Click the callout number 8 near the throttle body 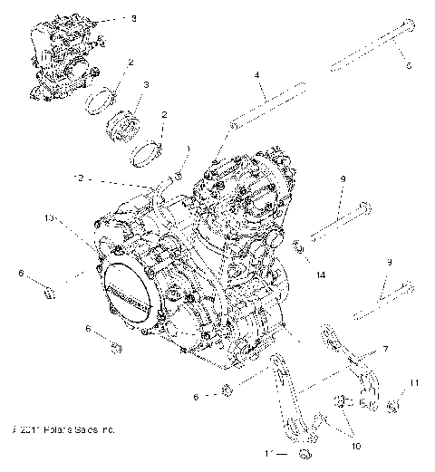pyautogui.click(x=135, y=18)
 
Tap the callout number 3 pyautogui.click(x=147, y=86)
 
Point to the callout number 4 pyautogui.click(x=257, y=75)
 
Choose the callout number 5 pyautogui.click(x=409, y=64)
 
